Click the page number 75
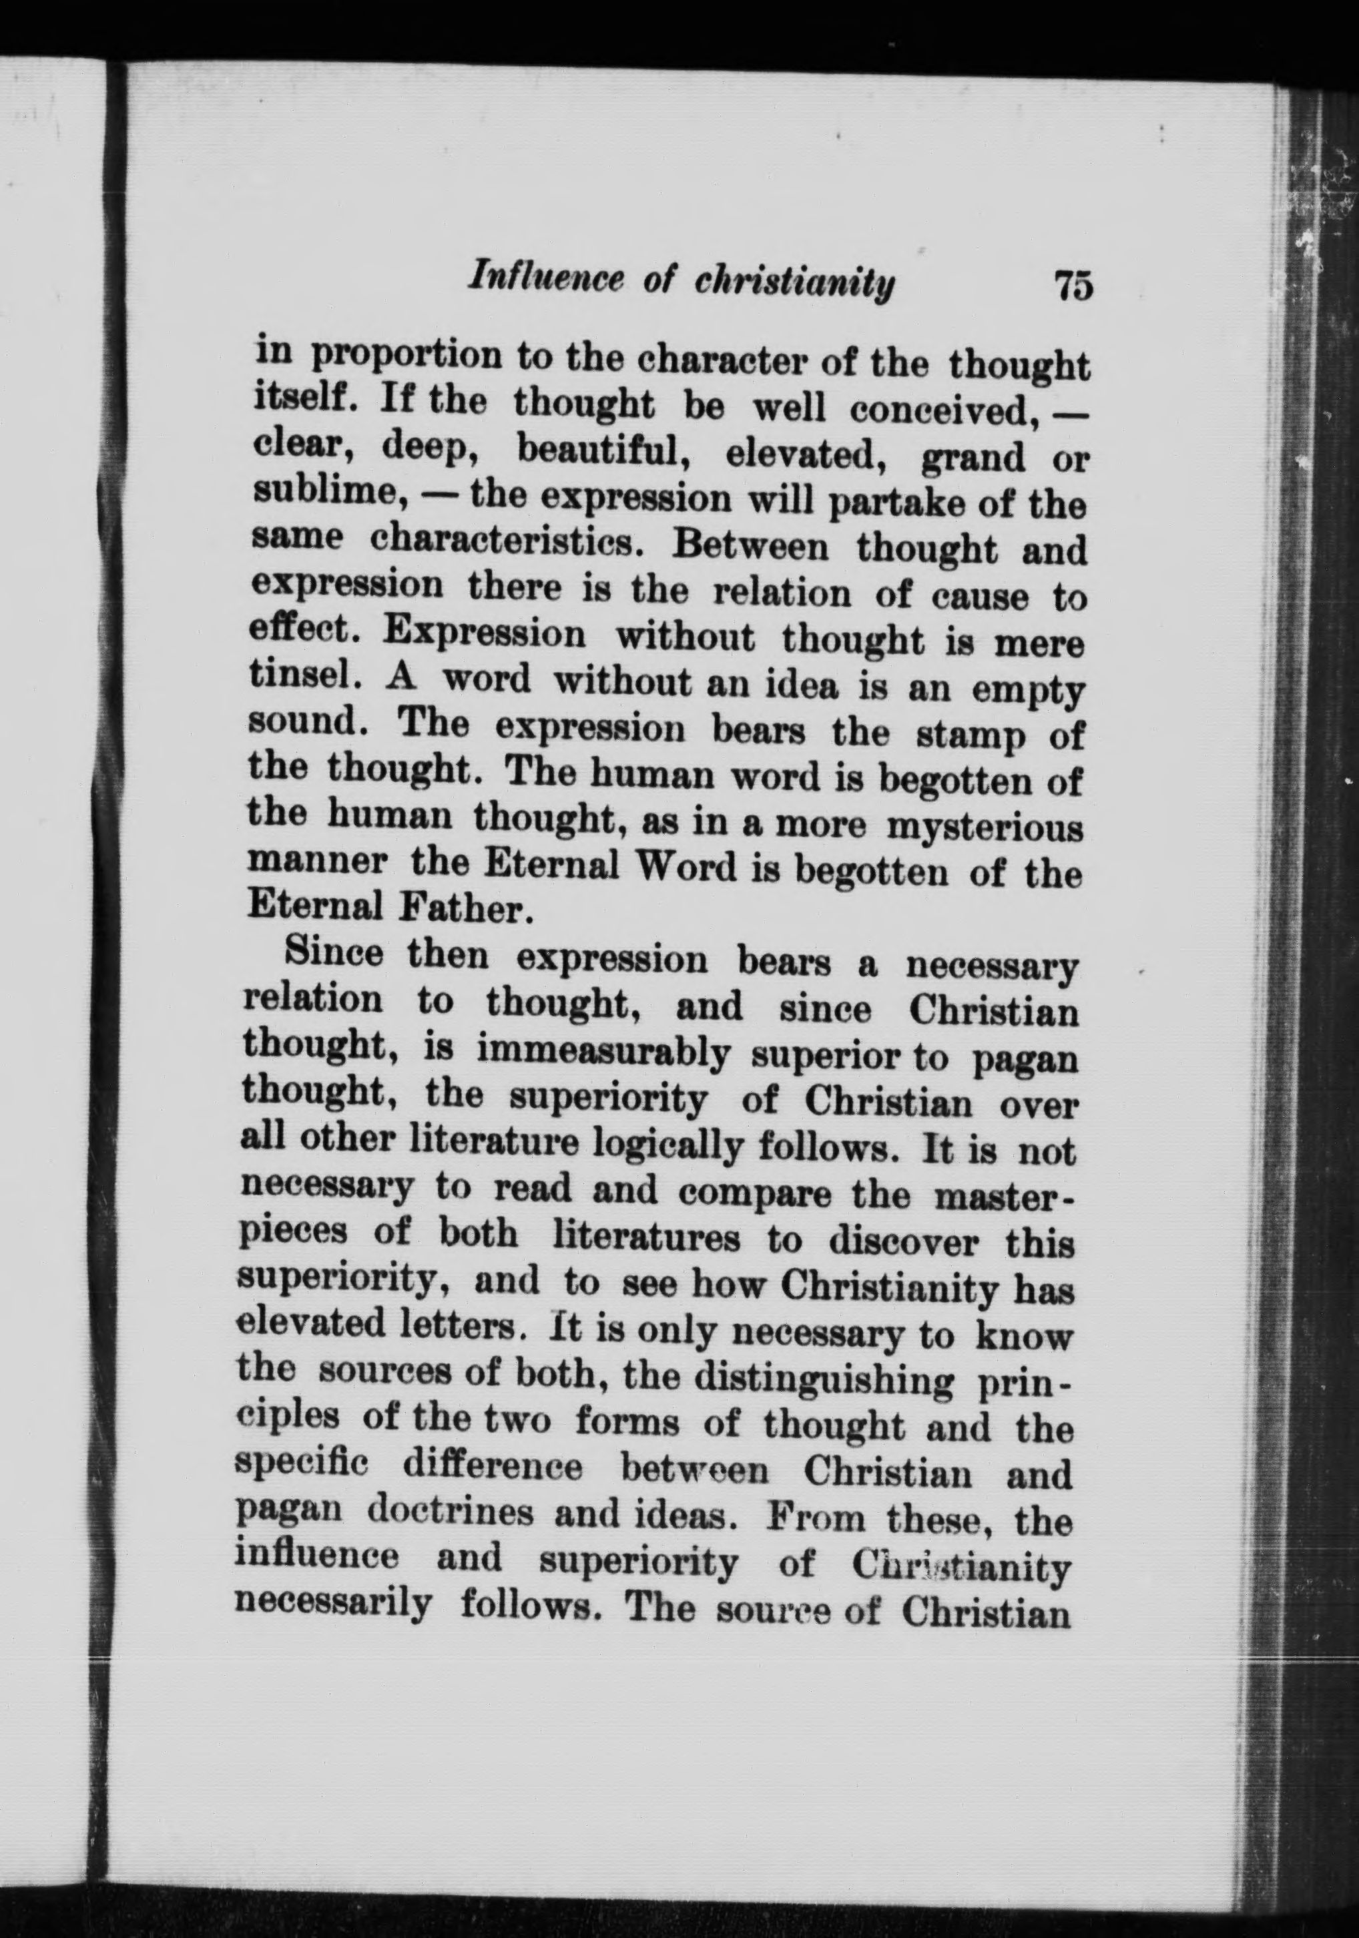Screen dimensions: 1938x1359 coord(1073,286)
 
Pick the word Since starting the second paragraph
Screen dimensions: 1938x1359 coord(334,954)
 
